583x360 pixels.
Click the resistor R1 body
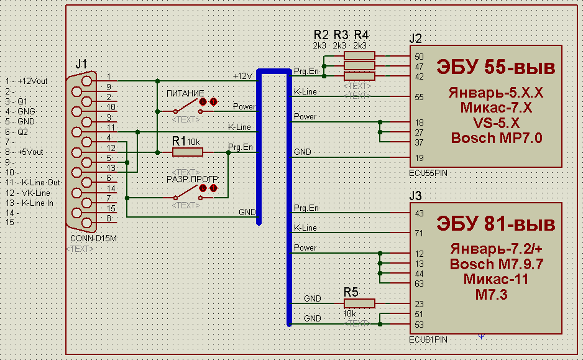pos(188,152)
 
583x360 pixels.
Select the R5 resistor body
pos(359,303)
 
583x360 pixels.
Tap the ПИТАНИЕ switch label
pos(185,93)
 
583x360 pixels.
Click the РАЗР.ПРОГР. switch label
pos(192,179)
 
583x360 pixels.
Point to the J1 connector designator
pos(81,64)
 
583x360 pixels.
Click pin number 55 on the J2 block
pos(419,97)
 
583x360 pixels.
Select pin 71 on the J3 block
pos(419,233)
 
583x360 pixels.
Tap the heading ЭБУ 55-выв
pos(495,67)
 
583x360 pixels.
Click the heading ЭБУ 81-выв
pos(495,224)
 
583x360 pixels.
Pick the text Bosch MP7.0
pos(497,138)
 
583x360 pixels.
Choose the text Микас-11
pos(495,279)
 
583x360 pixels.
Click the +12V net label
pos(242,76)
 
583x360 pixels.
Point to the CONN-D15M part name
pos(93,238)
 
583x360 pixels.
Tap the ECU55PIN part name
pos(428,173)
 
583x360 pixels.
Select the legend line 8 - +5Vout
pos(24,152)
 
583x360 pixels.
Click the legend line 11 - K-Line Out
pos(33,182)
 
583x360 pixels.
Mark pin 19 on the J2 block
pos(419,158)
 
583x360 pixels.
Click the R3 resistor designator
pos(341,35)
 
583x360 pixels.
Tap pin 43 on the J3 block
pos(419,213)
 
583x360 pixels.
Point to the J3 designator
pos(415,196)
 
